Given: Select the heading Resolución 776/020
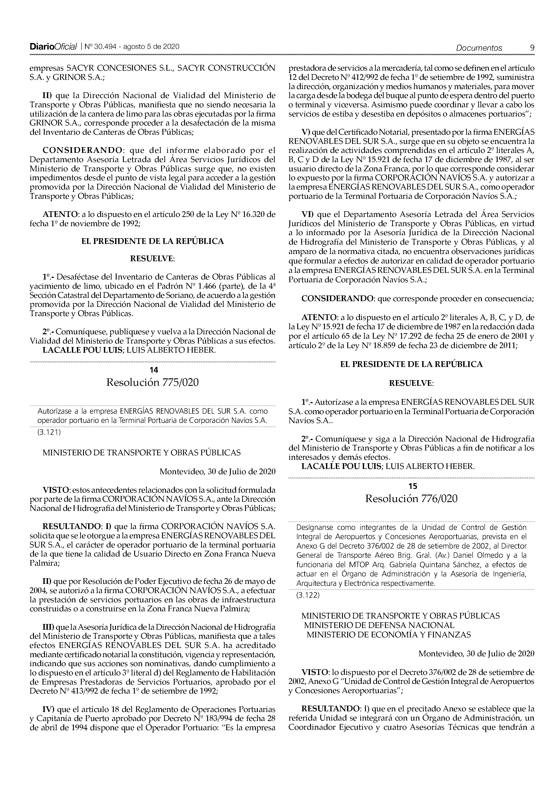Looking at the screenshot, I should pos(411,498).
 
